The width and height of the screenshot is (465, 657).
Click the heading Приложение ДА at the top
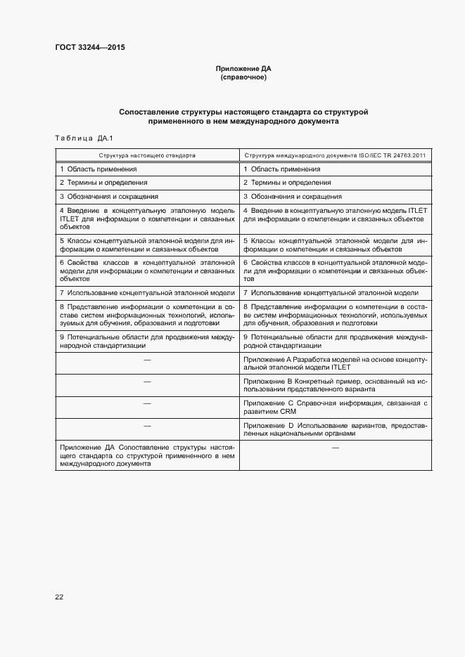(x=243, y=69)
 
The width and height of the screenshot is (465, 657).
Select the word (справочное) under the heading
(x=243, y=77)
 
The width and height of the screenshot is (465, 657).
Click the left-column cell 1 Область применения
(x=98, y=169)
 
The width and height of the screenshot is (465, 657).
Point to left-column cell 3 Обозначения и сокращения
(x=109, y=197)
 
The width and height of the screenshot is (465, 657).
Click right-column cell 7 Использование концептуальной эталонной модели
(x=331, y=292)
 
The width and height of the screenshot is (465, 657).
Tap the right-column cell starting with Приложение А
(x=334, y=363)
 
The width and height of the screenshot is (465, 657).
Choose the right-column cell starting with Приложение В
(x=334, y=384)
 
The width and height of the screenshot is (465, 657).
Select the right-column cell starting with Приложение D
(x=334, y=429)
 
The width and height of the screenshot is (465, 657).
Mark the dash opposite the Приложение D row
(x=147, y=426)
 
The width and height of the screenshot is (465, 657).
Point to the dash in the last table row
(x=335, y=448)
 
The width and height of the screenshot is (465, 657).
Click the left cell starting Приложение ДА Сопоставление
(x=147, y=455)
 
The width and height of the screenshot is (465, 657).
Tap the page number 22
(x=59, y=597)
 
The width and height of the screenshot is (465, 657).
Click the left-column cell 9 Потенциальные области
(x=147, y=341)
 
